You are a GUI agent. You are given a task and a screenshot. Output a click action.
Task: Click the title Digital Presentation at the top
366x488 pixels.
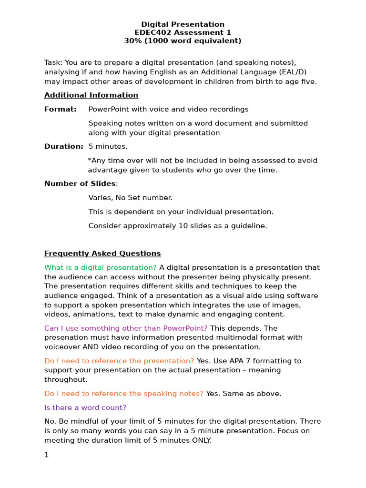[183, 24]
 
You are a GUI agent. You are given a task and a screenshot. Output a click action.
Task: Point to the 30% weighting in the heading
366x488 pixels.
[132, 41]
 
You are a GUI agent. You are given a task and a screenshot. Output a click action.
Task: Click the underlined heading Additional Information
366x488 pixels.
[91, 95]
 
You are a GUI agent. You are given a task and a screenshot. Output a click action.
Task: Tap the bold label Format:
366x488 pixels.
[60, 109]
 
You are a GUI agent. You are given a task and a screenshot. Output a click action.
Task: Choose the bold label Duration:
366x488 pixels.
[63, 146]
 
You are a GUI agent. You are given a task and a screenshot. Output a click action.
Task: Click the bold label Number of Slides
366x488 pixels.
[80, 183]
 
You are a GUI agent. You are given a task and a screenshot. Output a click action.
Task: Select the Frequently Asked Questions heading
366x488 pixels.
[102, 254]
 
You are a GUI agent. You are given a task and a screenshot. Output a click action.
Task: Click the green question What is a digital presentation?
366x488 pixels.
[100, 267]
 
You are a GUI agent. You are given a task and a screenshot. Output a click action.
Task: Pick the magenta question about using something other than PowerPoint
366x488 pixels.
[126, 328]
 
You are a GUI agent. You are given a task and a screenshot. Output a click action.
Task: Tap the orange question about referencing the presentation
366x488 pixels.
[119, 361]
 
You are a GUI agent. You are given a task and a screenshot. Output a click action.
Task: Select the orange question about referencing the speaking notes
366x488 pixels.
[124, 393]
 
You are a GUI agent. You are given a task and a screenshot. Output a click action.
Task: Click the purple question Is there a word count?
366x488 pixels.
[85, 407]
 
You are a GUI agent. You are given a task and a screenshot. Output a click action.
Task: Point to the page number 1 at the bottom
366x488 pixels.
[47, 455]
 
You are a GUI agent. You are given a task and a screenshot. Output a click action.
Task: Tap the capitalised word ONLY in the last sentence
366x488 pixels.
[200, 440]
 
